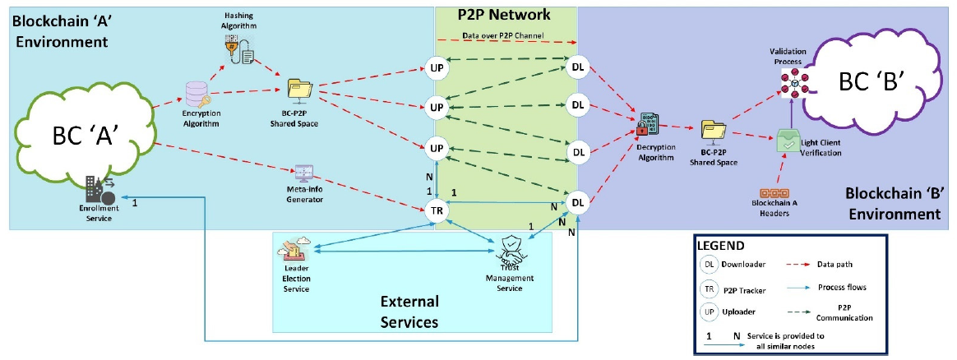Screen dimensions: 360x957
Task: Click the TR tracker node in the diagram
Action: [437, 210]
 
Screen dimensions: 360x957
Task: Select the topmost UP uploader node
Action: [437, 66]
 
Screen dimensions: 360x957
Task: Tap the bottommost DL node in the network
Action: [577, 202]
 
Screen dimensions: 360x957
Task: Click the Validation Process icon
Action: [790, 82]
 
